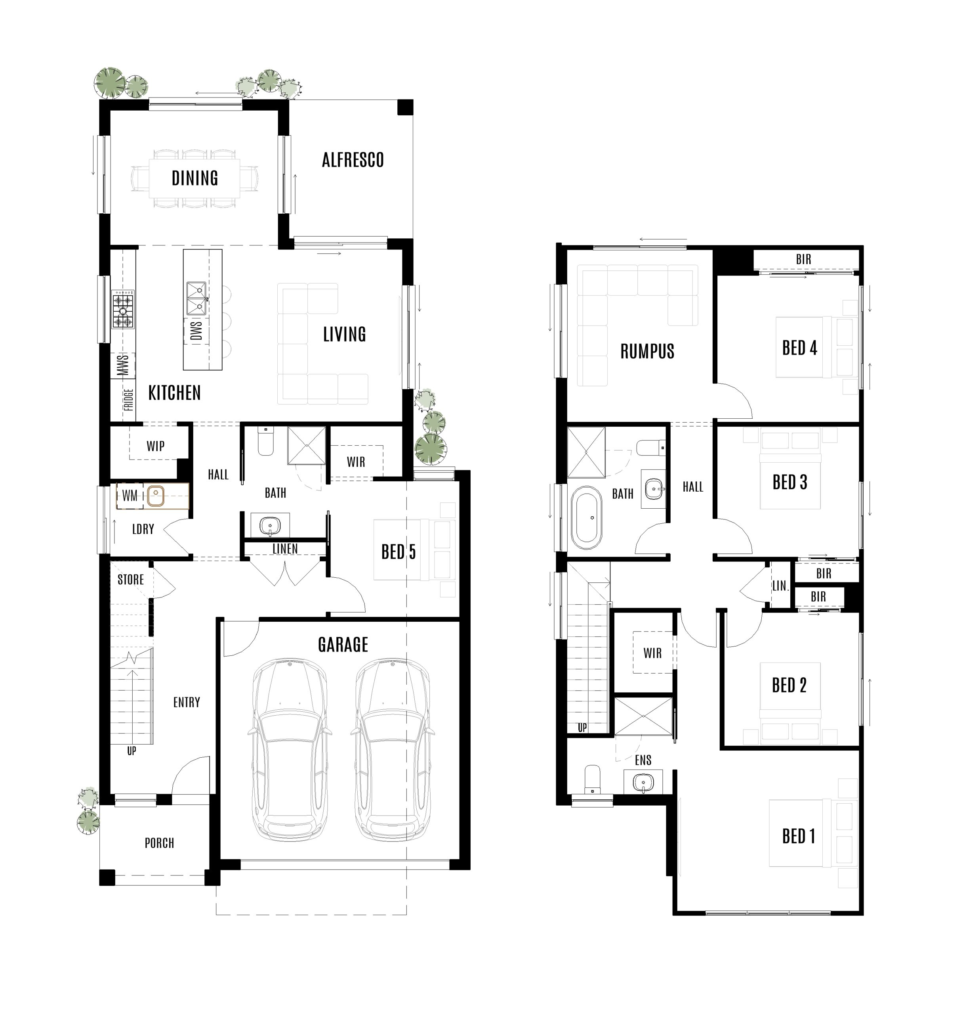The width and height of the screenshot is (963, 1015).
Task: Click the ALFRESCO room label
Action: pos(353,160)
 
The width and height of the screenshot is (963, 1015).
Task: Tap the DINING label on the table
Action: pos(195,178)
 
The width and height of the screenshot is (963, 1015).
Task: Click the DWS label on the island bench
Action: pos(196,331)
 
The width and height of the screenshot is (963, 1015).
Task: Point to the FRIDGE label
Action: pos(128,400)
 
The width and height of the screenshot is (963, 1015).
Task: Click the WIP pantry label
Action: pos(156,446)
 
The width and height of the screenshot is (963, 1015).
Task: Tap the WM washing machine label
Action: pos(130,496)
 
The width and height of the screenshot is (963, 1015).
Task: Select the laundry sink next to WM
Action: pos(156,496)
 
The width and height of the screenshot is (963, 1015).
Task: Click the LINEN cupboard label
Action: pos(285,549)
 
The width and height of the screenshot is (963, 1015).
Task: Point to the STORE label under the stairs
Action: pos(130,580)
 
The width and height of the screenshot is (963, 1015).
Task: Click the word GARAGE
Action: pos(343,645)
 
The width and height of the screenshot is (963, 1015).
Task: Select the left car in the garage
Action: pos(290,750)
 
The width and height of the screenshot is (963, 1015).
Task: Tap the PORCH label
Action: pos(159,843)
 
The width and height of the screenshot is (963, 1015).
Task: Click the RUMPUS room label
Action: pos(647,352)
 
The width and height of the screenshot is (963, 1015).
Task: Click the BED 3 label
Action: pos(789,483)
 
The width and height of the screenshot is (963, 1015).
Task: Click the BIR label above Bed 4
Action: pos(803,260)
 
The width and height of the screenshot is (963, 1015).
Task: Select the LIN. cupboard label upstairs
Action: pos(780,586)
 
